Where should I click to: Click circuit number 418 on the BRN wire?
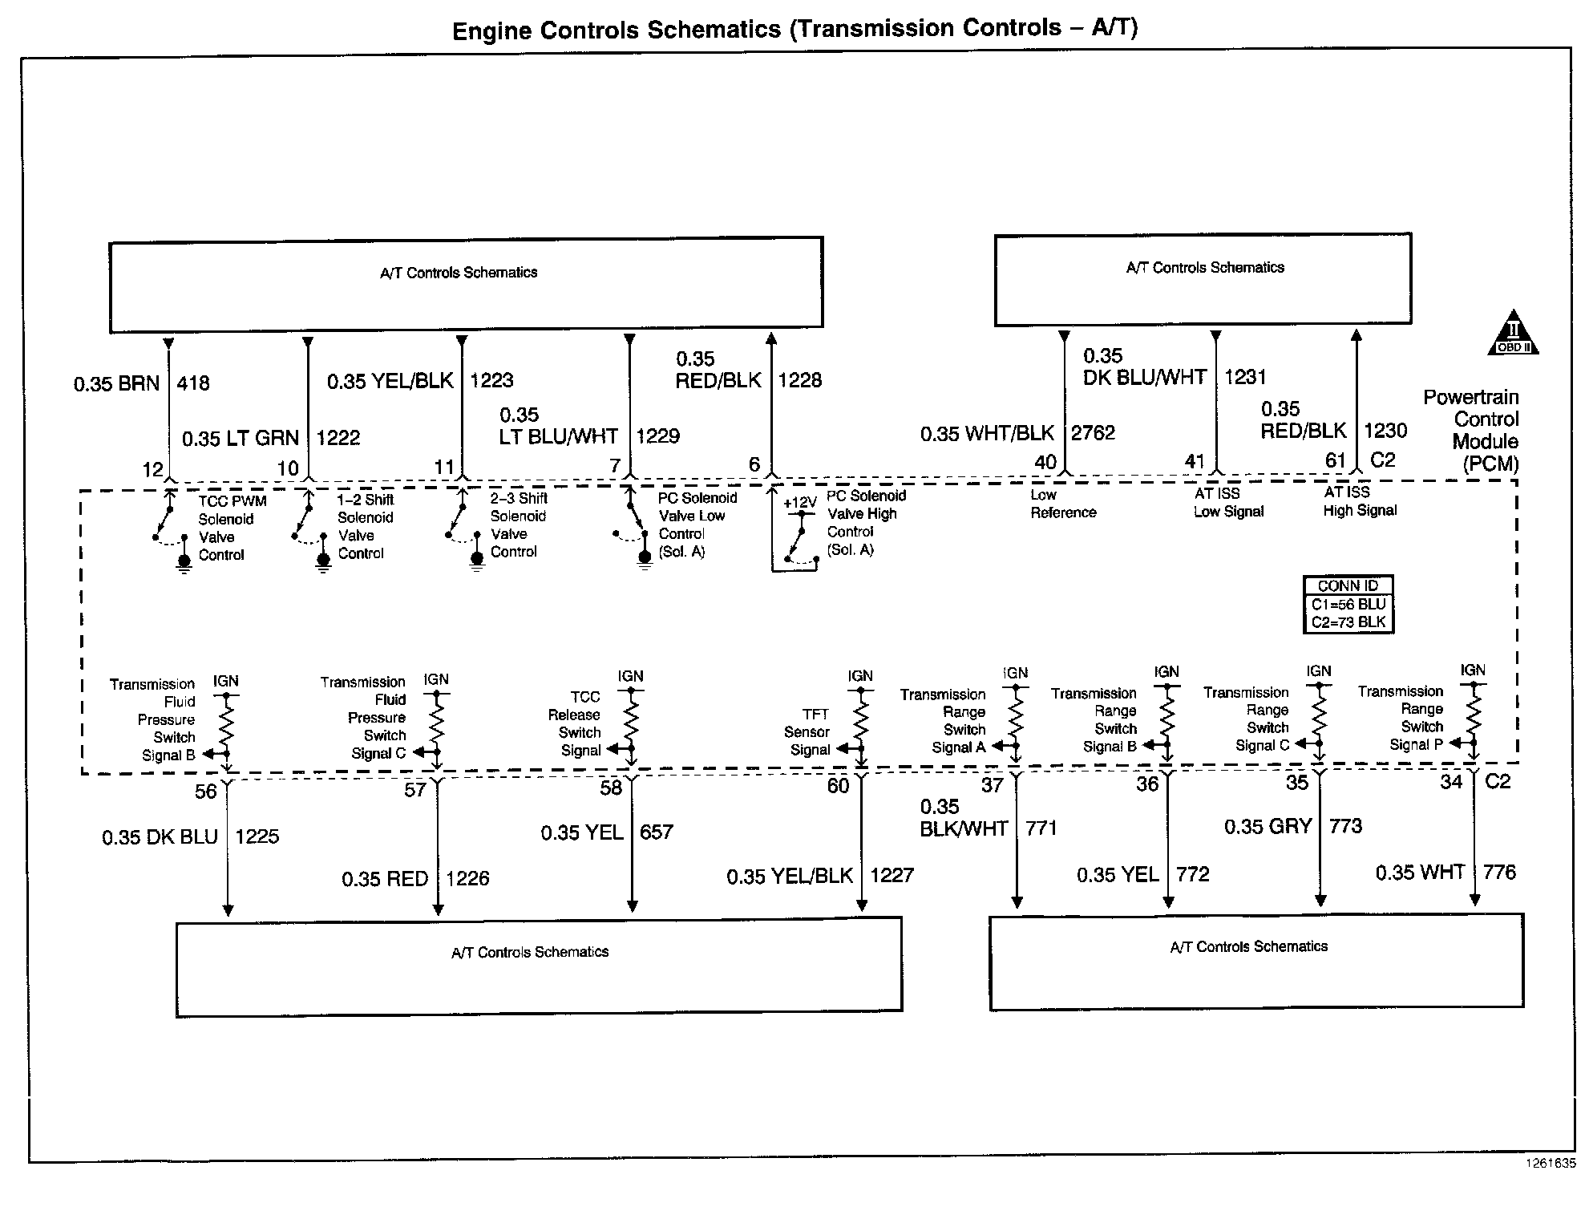click(193, 383)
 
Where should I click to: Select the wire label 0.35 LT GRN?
click(240, 439)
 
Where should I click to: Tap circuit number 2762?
click(1093, 433)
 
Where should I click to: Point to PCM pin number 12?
click(152, 469)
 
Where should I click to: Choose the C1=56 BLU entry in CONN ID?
click(1348, 605)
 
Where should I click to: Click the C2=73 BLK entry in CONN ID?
click(1348, 622)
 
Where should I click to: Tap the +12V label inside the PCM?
click(799, 503)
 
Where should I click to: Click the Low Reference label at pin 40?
click(1062, 504)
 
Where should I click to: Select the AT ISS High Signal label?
click(1360, 501)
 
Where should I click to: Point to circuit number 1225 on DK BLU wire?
click(257, 836)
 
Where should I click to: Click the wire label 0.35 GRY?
click(1268, 827)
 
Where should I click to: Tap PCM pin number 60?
click(838, 787)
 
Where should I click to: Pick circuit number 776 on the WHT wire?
click(1499, 873)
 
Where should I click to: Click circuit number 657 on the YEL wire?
click(656, 832)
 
